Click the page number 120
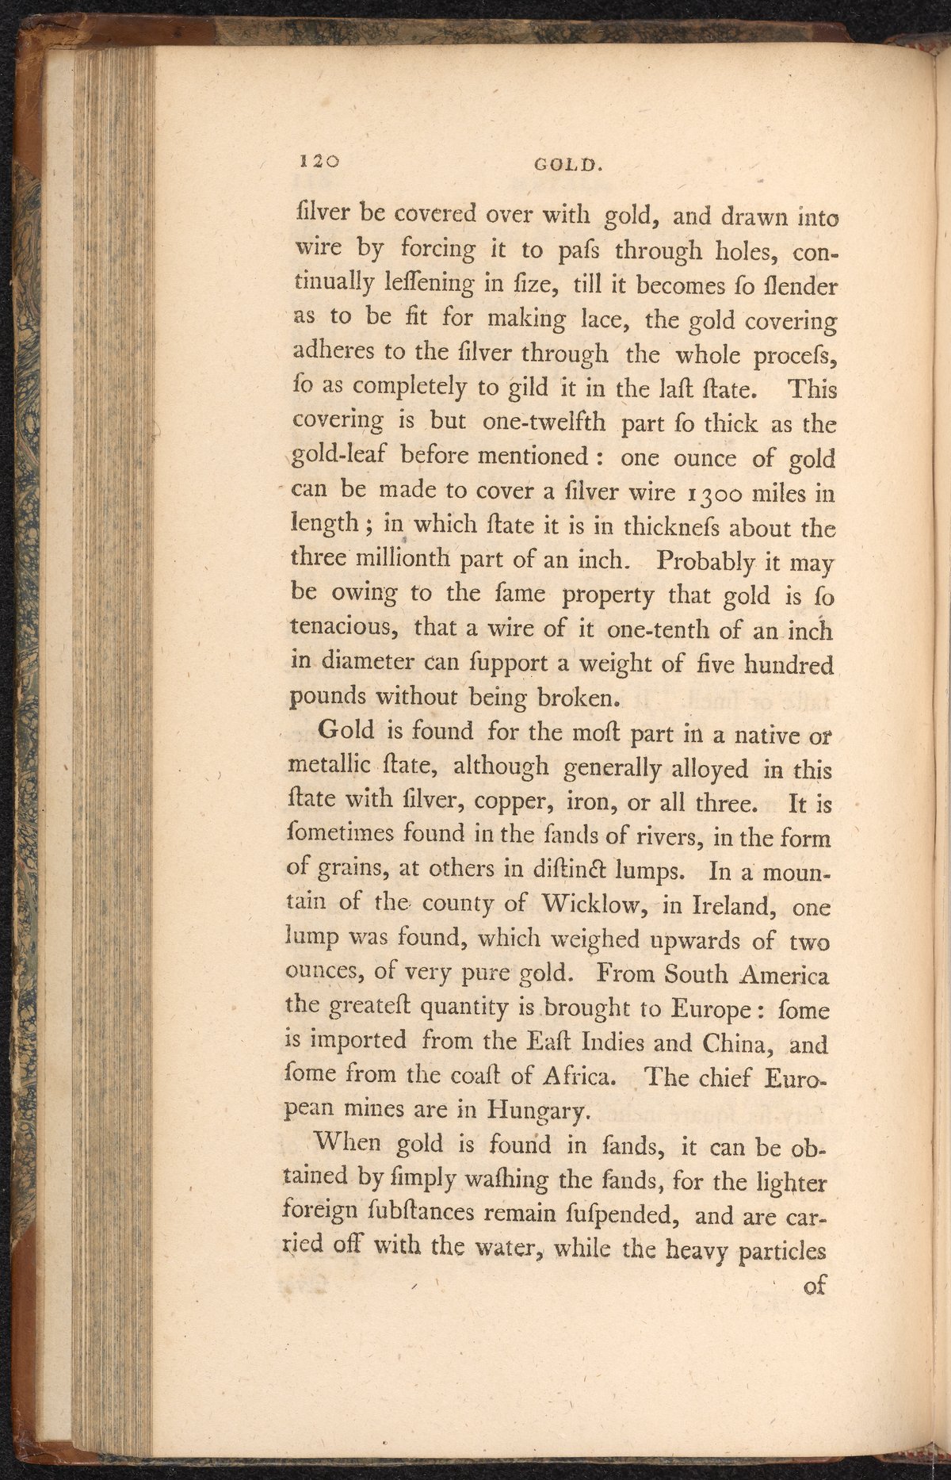pos(319,161)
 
